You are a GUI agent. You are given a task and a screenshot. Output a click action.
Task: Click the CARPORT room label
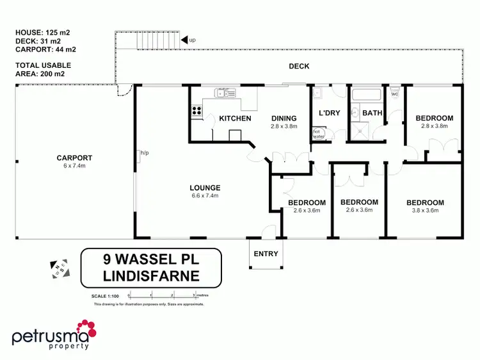[x=74, y=158]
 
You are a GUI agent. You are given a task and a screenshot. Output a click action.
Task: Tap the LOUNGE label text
[x=205, y=188]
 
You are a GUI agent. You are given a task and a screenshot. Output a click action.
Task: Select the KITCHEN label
[x=235, y=119]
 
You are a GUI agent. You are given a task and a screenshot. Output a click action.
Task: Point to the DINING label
[x=284, y=119]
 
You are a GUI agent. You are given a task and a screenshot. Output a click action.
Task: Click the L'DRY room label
[x=329, y=113]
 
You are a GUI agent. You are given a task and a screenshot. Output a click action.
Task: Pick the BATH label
[x=372, y=113]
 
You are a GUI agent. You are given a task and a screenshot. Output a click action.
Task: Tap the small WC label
[x=394, y=94]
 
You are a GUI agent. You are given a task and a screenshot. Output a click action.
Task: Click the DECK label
[x=299, y=66]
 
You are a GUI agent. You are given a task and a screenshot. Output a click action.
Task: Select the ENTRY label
[x=266, y=254]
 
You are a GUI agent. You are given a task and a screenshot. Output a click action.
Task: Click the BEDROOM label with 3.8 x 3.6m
[x=425, y=203]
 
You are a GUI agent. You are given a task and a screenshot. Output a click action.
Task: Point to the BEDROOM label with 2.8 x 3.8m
[x=434, y=118]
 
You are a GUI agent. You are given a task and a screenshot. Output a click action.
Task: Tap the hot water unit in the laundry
[x=317, y=134]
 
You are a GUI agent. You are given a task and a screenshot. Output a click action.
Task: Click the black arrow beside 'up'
[x=184, y=40]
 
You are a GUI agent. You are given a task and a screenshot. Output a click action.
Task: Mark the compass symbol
[x=60, y=270]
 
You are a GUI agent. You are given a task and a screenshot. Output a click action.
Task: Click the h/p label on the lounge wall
[x=145, y=153]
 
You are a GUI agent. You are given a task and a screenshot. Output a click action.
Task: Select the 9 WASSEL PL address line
[x=150, y=261]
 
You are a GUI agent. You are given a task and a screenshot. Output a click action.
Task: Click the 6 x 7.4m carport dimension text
[x=74, y=166]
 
